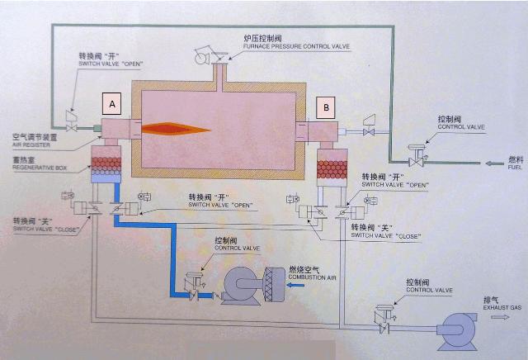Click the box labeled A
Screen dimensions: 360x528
pyautogui.click(x=112, y=103)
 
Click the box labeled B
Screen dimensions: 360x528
pyautogui.click(x=328, y=107)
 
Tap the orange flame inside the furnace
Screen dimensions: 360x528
pyautogui.click(x=177, y=128)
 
